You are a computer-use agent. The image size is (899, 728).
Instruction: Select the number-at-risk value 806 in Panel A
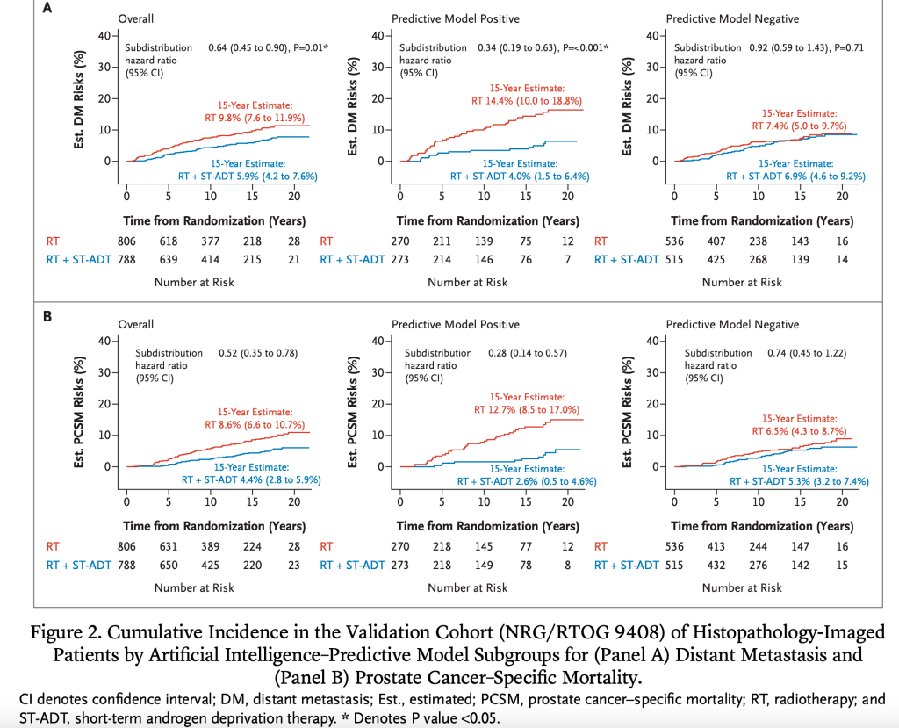pos(127,240)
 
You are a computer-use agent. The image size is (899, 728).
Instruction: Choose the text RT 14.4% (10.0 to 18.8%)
pos(527,100)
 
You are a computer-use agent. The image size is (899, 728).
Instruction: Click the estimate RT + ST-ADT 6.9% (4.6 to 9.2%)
pos(795,176)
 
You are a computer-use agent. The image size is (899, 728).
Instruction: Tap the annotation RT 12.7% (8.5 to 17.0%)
pos(527,408)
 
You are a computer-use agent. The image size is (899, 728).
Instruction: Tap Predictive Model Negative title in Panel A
pos(731,18)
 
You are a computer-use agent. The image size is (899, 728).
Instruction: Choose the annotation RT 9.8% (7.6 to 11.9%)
pos(255,118)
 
